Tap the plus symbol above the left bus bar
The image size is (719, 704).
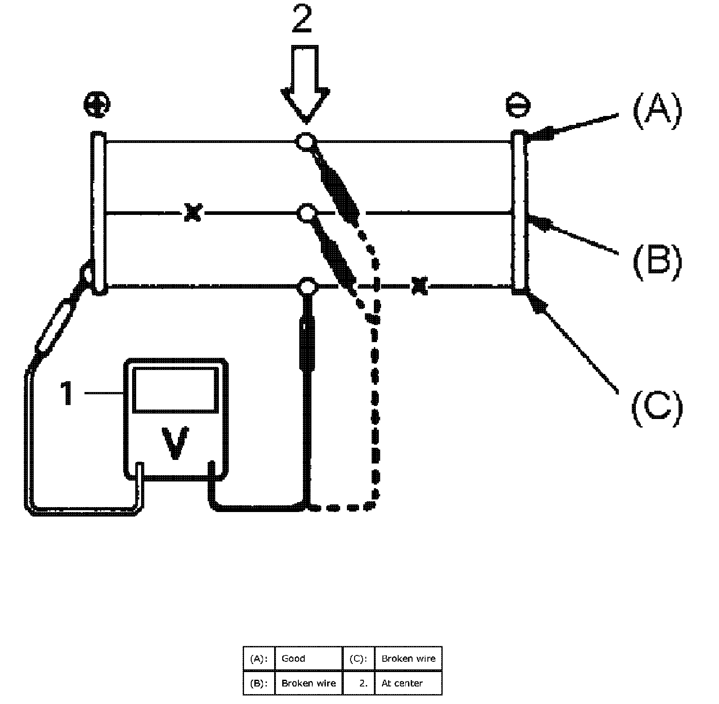[97, 105]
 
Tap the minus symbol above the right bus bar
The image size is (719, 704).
[518, 106]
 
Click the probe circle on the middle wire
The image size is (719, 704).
[306, 213]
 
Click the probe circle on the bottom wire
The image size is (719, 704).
[306, 285]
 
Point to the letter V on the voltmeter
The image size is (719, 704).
[175, 443]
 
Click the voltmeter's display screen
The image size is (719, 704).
[175, 388]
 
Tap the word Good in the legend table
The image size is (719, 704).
[293, 659]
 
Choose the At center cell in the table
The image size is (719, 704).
[402, 683]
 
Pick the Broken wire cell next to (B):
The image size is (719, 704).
[308, 683]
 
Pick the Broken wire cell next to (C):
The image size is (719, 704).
[408, 659]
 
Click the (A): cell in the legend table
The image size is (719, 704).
[258, 659]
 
